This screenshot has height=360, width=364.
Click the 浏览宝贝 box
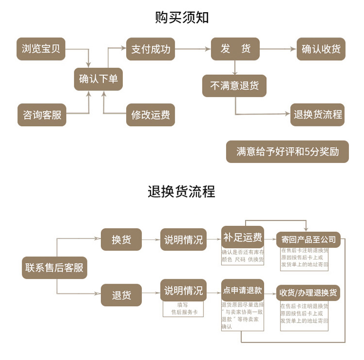(x=41, y=49)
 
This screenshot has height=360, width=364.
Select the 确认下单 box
(x=98, y=79)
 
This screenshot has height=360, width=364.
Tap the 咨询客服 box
(x=42, y=115)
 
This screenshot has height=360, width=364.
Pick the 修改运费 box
(x=150, y=115)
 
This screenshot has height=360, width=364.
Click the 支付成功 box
(x=150, y=49)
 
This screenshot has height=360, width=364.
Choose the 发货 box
(x=235, y=49)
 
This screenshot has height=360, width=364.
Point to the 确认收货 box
(x=321, y=49)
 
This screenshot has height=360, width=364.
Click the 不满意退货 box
(x=234, y=86)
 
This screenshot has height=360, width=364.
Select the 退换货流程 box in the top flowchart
(x=317, y=115)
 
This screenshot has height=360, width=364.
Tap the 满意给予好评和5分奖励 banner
(x=287, y=152)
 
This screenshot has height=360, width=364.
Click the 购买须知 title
(x=182, y=17)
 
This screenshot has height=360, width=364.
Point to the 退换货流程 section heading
(x=182, y=191)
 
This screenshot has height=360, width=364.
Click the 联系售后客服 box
(x=54, y=268)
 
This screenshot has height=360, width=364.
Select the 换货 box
(x=121, y=240)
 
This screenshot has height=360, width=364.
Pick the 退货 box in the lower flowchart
(x=121, y=295)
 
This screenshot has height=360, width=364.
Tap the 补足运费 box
(x=243, y=238)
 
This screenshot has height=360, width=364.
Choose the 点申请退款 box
(x=243, y=291)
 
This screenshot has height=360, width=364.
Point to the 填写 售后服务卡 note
(x=182, y=309)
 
